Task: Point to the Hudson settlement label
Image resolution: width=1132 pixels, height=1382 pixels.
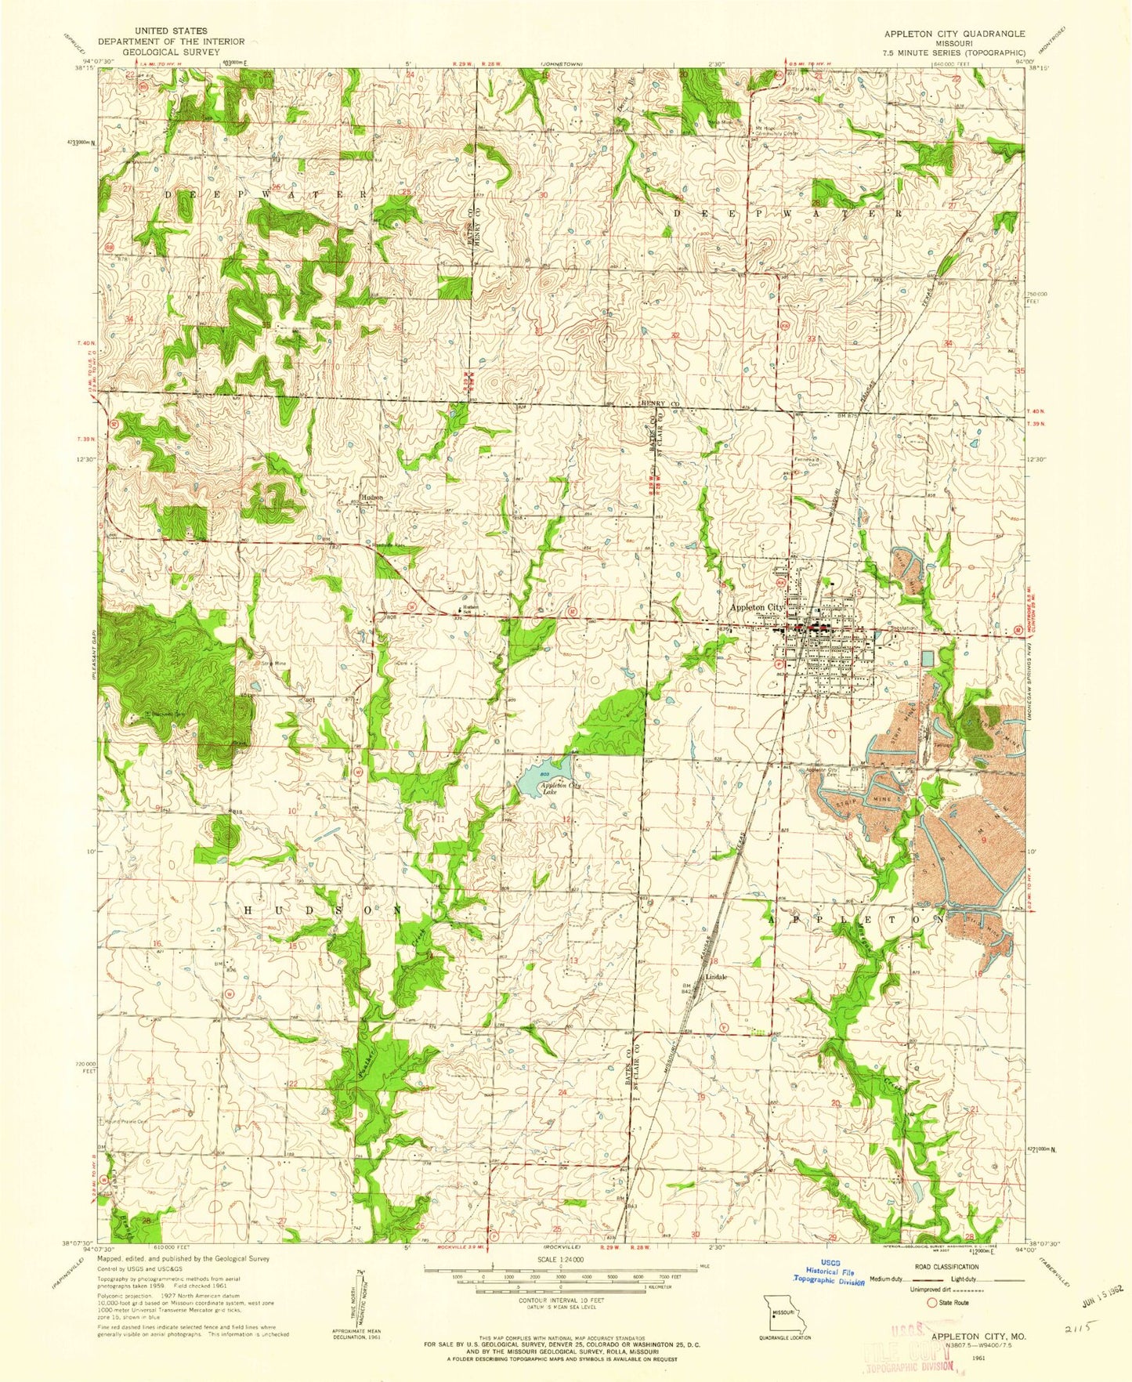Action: [x=372, y=497]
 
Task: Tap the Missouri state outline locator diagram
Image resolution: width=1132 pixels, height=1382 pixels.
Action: [x=785, y=1309]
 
